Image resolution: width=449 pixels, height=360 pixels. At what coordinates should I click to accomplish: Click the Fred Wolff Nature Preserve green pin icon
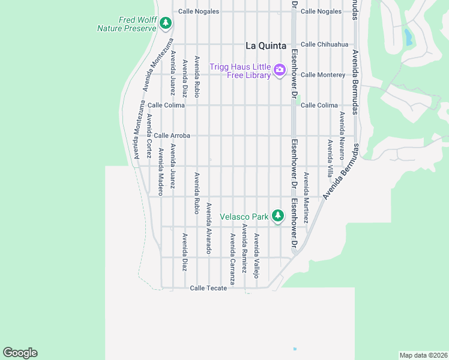[x=166, y=24]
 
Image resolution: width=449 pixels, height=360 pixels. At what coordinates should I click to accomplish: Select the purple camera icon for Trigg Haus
[x=279, y=70]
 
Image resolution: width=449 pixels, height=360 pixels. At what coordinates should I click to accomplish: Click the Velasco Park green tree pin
[x=277, y=215]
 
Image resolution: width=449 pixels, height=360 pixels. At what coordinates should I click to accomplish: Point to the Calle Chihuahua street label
[x=324, y=44]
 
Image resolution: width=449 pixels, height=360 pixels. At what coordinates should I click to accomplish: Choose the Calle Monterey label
[x=323, y=75]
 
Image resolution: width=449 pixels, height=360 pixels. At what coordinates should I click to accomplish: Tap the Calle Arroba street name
[x=172, y=136]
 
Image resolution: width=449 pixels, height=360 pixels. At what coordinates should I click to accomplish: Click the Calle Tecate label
[x=208, y=288]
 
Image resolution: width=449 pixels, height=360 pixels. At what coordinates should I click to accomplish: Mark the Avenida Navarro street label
[x=342, y=134]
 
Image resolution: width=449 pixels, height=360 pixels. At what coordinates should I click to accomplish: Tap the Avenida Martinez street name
[x=306, y=197]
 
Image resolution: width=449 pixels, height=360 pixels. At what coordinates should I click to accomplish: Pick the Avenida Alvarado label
[x=208, y=228]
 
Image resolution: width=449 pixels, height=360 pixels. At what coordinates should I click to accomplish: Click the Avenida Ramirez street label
[x=244, y=249]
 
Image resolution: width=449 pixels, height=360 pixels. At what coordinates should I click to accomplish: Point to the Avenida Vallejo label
[x=256, y=256]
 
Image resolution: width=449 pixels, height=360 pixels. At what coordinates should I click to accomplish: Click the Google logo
[x=20, y=353]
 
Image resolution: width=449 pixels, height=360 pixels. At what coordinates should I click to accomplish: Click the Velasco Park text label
[x=244, y=216]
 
